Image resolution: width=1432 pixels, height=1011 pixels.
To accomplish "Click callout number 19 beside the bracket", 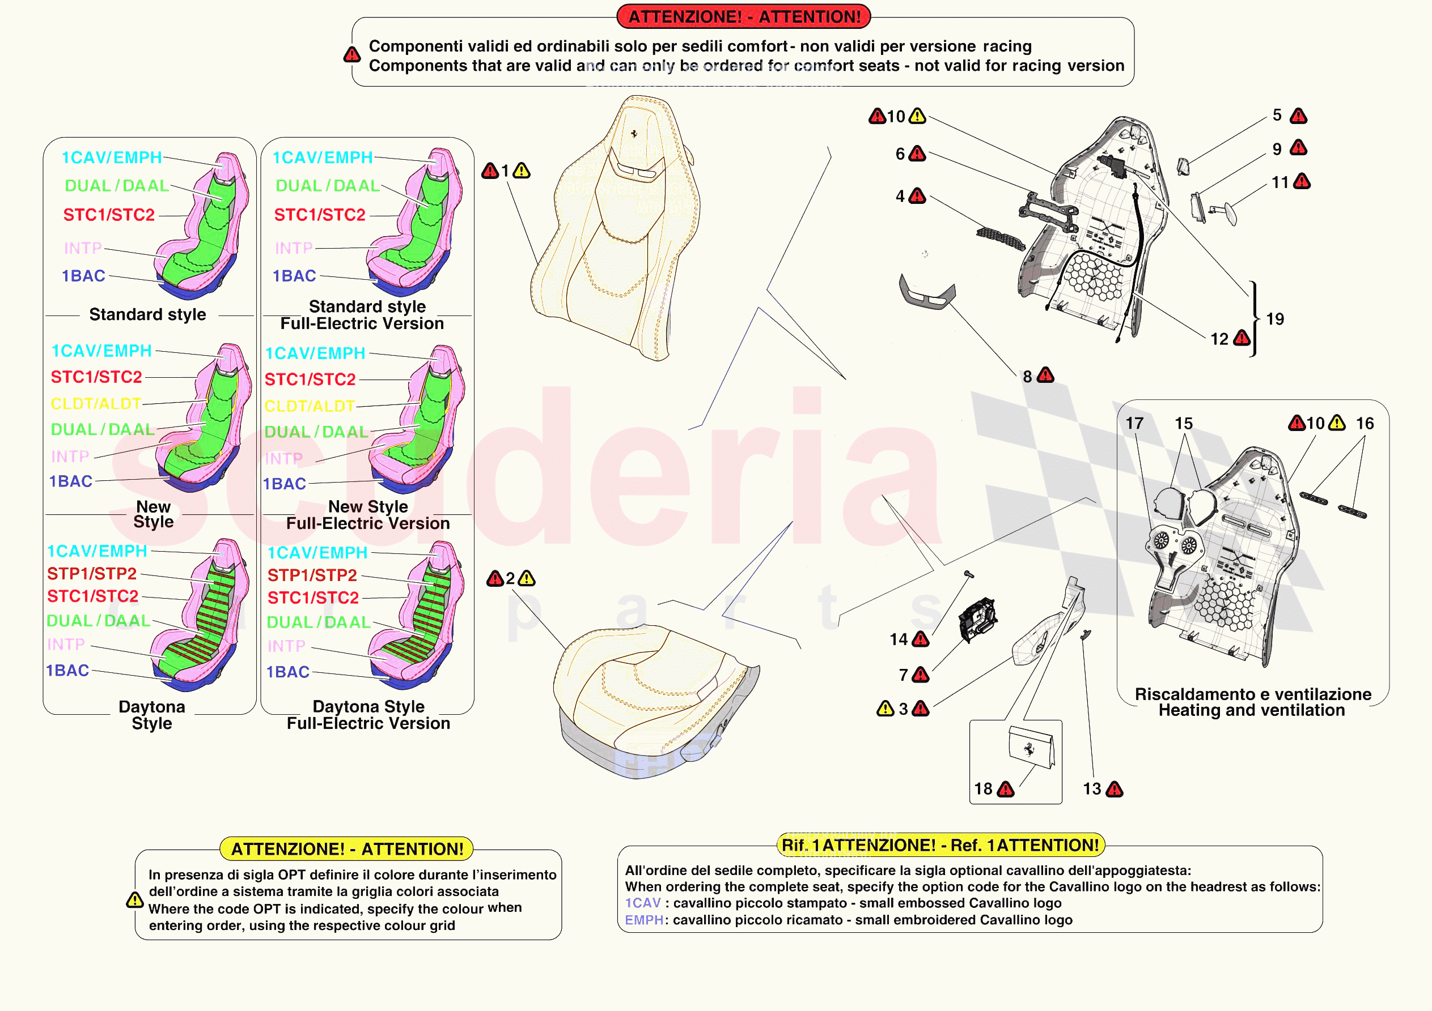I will pos(1275,319).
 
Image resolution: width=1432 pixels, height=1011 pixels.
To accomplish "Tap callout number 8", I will pos(1027,377).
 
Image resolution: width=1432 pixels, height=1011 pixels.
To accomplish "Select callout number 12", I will pos(1219,339).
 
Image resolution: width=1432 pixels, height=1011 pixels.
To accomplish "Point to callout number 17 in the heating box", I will pos(1134,424).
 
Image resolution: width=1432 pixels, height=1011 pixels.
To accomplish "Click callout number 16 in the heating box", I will pos(1365,424).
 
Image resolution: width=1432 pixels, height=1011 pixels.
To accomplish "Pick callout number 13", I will pos(1091,789).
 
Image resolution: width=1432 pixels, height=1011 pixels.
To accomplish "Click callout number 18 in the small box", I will pos(983,789).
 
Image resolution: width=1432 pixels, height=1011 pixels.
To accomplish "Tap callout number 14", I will pos(898,639).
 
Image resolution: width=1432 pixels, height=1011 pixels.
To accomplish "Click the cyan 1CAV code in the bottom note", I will pos(642,903).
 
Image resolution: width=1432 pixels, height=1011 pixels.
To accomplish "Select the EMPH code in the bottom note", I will pos(643,920).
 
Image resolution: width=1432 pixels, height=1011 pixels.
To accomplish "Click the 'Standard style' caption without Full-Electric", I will pos(147,315).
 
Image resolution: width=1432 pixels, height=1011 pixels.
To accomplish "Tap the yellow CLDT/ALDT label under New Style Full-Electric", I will pos(310,407).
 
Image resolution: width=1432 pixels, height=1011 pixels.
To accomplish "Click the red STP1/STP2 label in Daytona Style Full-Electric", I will pos(312,575).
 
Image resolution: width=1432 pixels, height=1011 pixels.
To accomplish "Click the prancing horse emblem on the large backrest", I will pos(634,134).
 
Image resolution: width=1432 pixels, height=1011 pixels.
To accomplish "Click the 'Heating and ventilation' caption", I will pos(1251,711).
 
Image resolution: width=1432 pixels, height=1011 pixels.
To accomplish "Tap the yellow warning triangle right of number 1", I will pos(522,171).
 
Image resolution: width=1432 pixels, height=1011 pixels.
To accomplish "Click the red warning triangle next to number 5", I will pos(1299,116).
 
